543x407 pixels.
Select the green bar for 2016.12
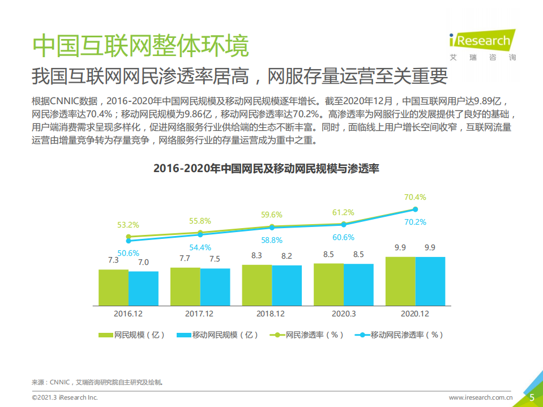[113, 287]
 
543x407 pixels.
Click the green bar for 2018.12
[256, 285]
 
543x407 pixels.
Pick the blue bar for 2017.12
[215, 286]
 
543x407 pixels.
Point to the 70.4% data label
[415, 198]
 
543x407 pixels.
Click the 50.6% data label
[129, 252]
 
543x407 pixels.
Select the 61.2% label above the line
[343, 213]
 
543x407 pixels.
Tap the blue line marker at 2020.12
[415, 210]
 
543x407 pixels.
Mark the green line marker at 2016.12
[129, 237]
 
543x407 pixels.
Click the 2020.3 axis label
[343, 313]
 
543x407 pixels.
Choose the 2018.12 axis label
[271, 313]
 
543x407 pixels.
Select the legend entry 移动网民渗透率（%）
[399, 335]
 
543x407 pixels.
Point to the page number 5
[532, 397]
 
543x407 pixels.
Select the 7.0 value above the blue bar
[143, 262]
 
